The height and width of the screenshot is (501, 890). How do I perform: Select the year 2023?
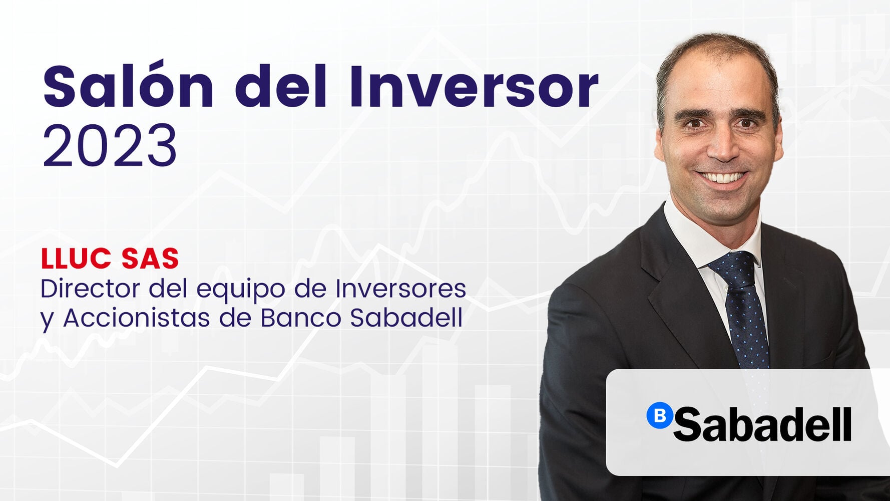(110, 146)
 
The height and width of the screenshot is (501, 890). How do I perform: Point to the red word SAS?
(150, 259)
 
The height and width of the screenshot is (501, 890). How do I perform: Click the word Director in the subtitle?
(90, 289)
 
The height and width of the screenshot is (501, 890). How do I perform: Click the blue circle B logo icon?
(659, 415)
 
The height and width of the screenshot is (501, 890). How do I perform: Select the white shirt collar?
(693, 235)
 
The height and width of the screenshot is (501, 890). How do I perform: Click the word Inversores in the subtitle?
(400, 289)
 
